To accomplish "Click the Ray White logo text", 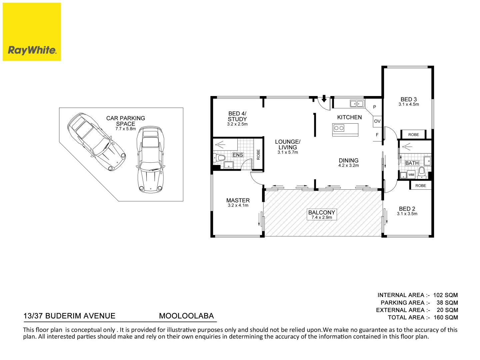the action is click(x=32, y=50).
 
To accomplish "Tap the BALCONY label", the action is click(x=321, y=212).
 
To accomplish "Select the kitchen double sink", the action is click(x=357, y=103).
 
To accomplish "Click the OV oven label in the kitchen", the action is click(x=377, y=121).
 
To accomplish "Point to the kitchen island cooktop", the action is click(x=339, y=128).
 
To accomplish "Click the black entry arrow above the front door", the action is click(x=324, y=98).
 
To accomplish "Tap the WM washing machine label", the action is click(x=411, y=175).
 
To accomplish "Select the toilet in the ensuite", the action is click(x=219, y=157).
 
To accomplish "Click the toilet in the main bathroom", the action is click(x=421, y=172).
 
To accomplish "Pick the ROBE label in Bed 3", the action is click(x=414, y=135).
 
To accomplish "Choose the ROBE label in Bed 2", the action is click(x=421, y=186).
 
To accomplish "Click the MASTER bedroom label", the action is click(x=238, y=200).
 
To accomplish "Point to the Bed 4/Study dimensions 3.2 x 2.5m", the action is click(x=237, y=124).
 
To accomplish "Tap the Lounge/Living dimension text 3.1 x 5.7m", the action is click(x=288, y=152).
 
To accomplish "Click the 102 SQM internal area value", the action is click(x=445, y=295).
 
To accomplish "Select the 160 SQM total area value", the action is click(x=446, y=317).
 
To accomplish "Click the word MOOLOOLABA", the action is click(x=186, y=316).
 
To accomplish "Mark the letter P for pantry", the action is click(x=375, y=107).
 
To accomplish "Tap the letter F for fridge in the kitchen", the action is click(x=377, y=135).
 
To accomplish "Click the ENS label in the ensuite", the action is click(x=238, y=155).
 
